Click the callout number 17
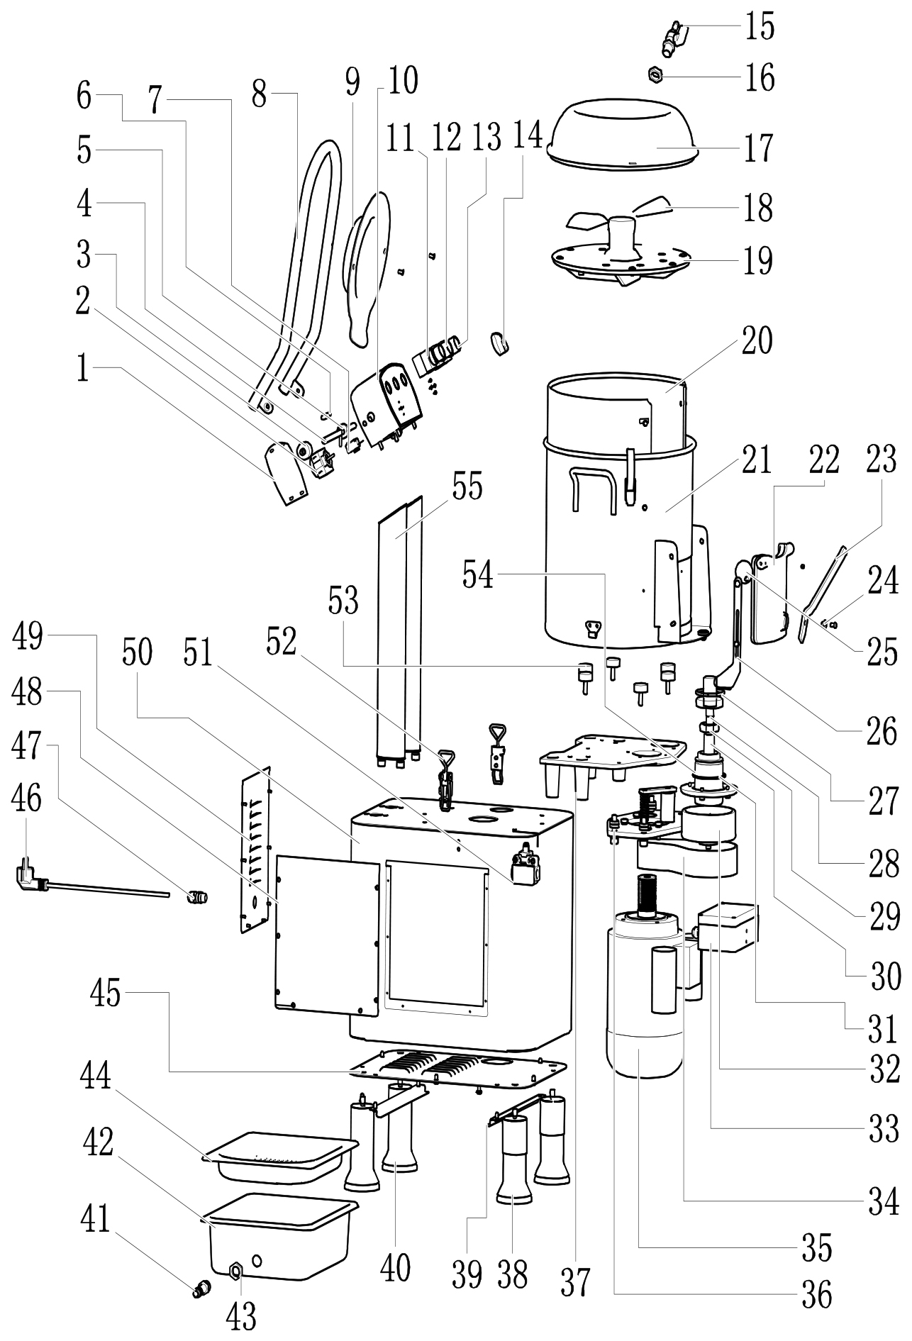tap(758, 148)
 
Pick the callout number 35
tap(816, 1247)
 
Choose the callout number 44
tap(96, 1078)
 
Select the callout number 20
tap(757, 341)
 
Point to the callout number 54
tap(478, 574)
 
